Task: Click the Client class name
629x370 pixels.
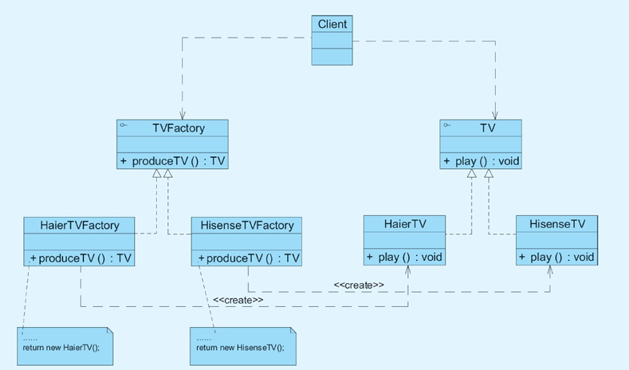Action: click(x=332, y=24)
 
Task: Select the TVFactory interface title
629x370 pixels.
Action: click(x=179, y=128)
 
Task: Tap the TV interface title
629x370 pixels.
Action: click(x=487, y=128)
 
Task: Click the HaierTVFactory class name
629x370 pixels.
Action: click(x=80, y=226)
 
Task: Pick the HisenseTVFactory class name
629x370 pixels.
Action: click(x=247, y=226)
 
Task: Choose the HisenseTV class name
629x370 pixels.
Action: click(x=557, y=224)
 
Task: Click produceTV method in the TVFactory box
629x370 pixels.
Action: click(x=173, y=161)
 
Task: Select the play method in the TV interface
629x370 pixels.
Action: click(x=481, y=161)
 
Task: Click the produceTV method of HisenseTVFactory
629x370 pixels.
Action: click(x=248, y=258)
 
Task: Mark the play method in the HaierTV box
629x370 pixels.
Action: click(x=404, y=257)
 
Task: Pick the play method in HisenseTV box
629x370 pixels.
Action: click(x=556, y=257)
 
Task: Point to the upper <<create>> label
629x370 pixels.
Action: click(x=359, y=285)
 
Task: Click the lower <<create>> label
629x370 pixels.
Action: click(x=238, y=300)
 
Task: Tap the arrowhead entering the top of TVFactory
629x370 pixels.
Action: click(x=182, y=116)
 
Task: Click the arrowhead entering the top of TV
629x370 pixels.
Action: click(x=496, y=116)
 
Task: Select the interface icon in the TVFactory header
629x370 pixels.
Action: click(x=124, y=126)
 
